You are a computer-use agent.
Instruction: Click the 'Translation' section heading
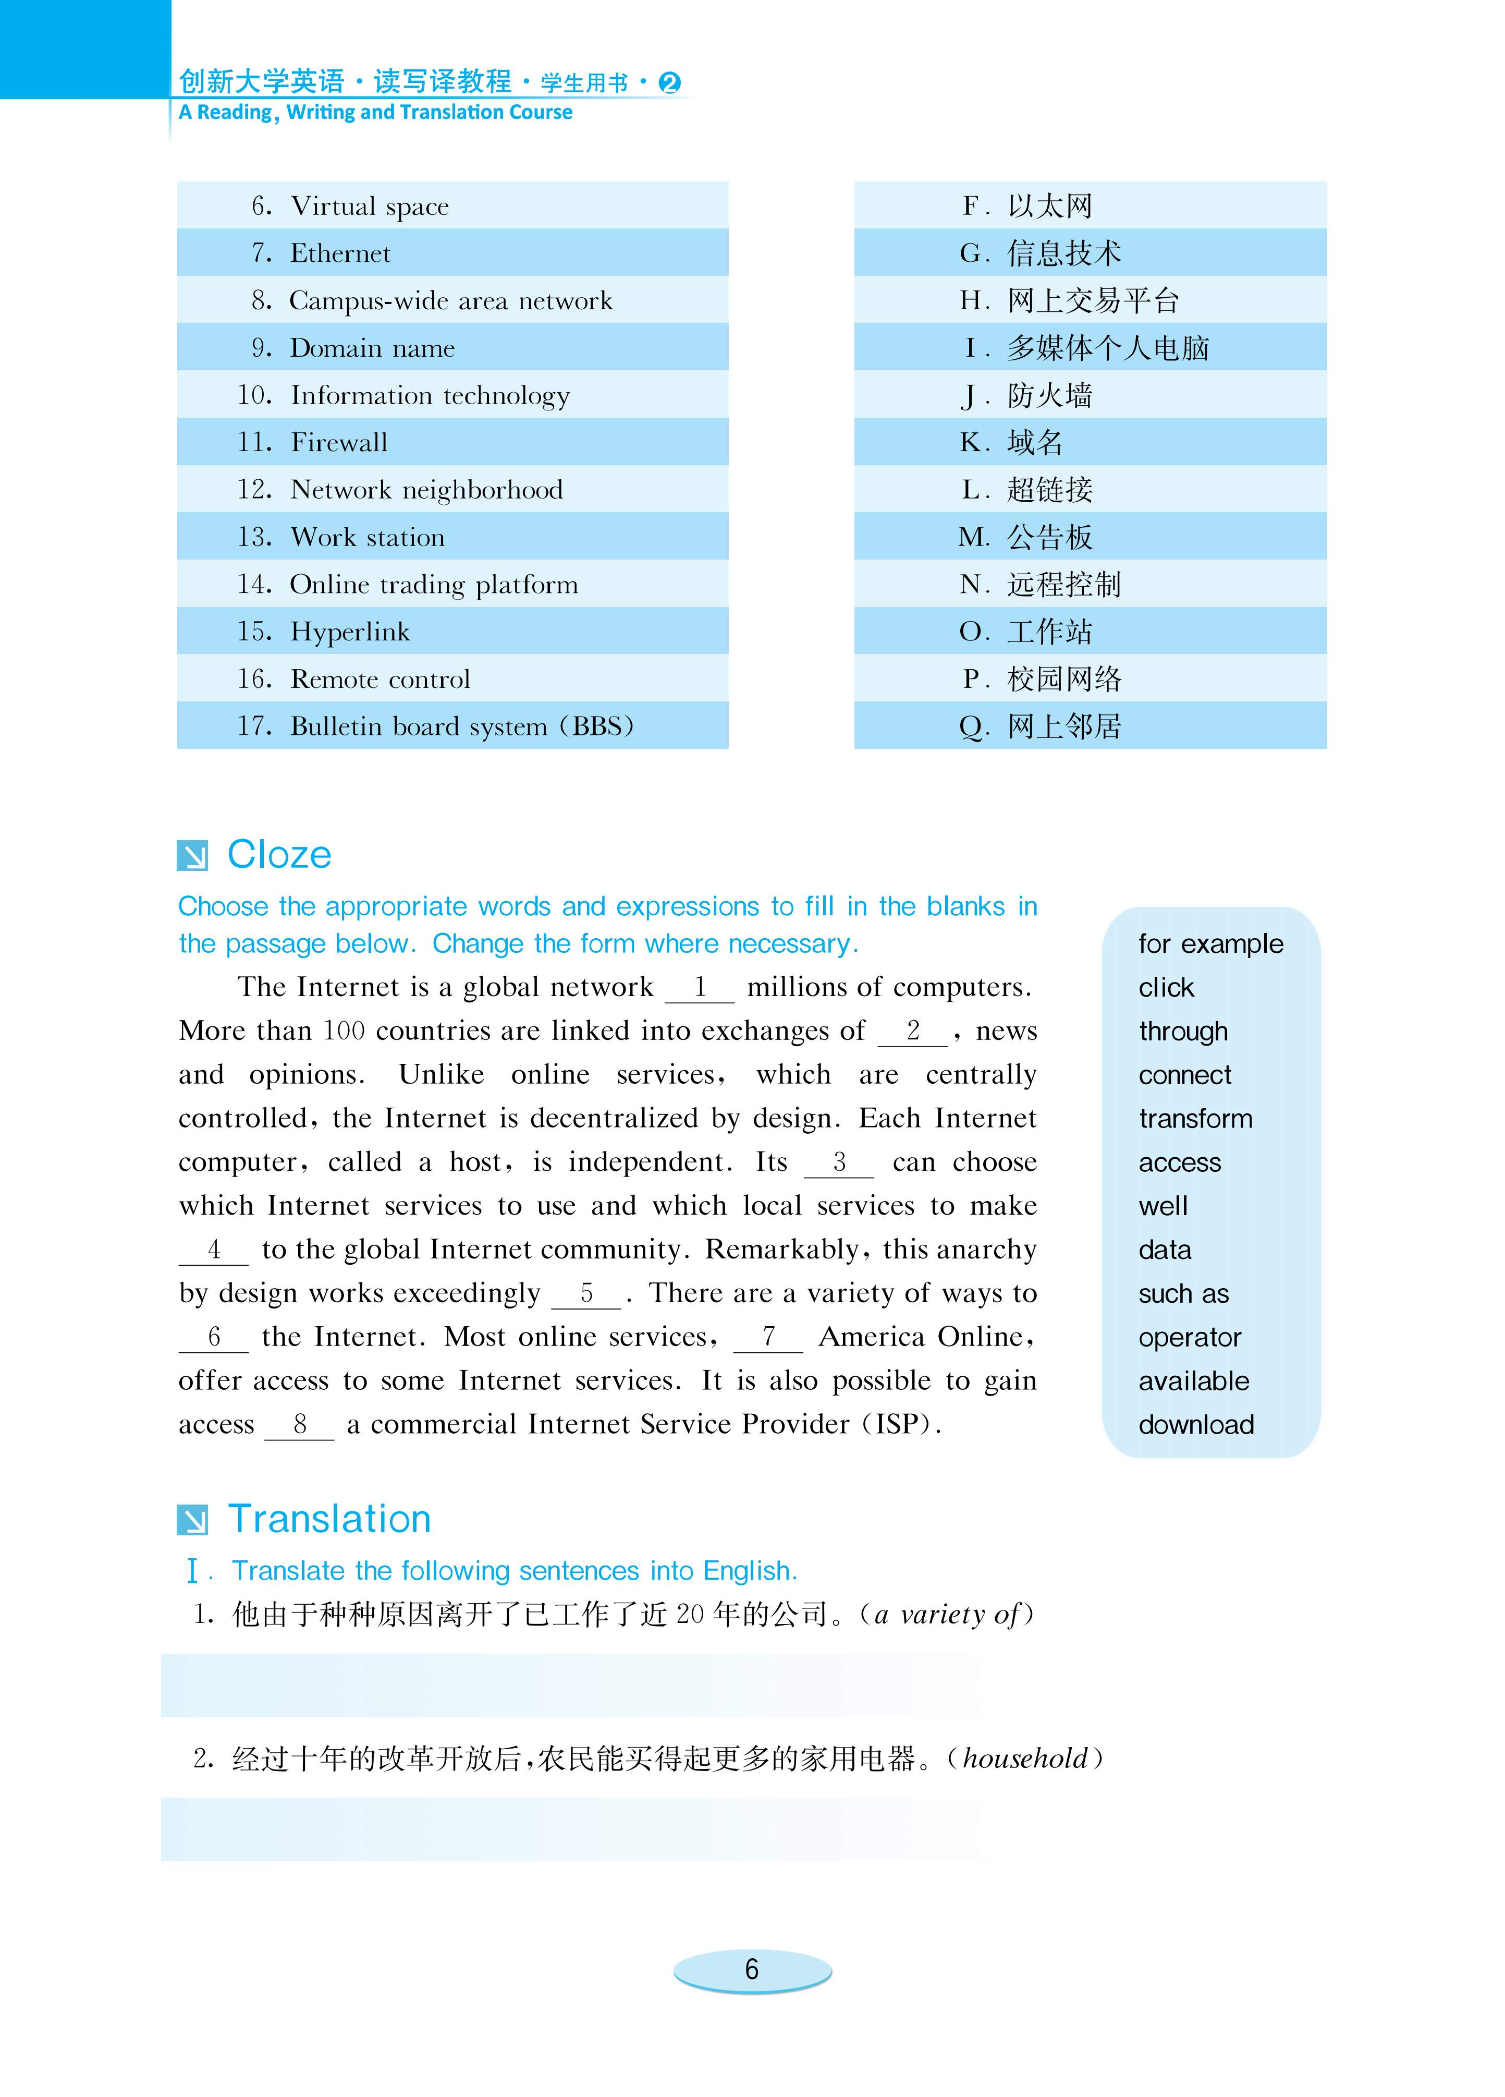[329, 1519]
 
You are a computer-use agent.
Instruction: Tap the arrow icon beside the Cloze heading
[192, 856]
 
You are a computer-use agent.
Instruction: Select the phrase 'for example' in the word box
[1210, 944]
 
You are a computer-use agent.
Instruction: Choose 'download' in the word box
[1195, 1425]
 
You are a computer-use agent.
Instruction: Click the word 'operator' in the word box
[1189, 1338]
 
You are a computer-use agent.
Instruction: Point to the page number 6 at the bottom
[752, 1969]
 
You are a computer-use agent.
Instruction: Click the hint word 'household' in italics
[1024, 1759]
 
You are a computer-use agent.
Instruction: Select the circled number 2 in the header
[669, 83]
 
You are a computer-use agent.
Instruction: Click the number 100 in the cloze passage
[344, 1031]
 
